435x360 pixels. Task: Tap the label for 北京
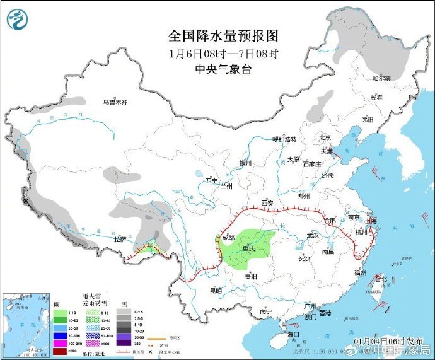point(325,137)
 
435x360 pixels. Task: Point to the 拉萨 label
point(120,239)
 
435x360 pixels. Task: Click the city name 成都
point(227,238)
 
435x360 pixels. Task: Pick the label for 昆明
point(215,291)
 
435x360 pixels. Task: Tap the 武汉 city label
point(313,235)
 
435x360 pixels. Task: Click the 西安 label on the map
point(267,202)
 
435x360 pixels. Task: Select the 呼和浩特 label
point(284,139)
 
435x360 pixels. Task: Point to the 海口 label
point(293,333)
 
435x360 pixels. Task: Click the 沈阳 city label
point(368,119)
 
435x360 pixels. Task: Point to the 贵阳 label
point(251,276)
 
